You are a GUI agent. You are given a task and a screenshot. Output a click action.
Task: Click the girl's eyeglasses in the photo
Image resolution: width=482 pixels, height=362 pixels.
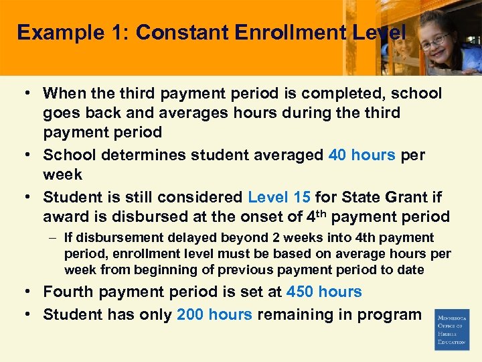pyautogui.click(x=434, y=41)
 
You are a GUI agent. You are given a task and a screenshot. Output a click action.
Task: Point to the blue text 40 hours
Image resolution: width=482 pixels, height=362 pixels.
pyautogui.click(x=362, y=155)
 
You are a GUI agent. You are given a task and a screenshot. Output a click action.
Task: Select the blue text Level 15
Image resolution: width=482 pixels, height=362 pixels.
pyautogui.click(x=279, y=198)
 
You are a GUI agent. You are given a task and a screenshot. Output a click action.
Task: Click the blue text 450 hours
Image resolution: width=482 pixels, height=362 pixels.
pyautogui.click(x=324, y=292)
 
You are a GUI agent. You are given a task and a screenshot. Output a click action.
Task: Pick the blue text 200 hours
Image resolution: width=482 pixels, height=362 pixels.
pyautogui.click(x=214, y=314)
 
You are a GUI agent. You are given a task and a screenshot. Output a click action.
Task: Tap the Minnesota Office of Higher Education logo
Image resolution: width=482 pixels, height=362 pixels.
pyautogui.click(x=452, y=329)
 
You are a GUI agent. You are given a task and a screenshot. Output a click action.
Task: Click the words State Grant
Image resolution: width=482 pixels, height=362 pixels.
pyautogui.click(x=372, y=198)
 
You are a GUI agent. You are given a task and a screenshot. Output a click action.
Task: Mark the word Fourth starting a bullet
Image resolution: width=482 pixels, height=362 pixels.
pyautogui.click(x=70, y=292)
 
